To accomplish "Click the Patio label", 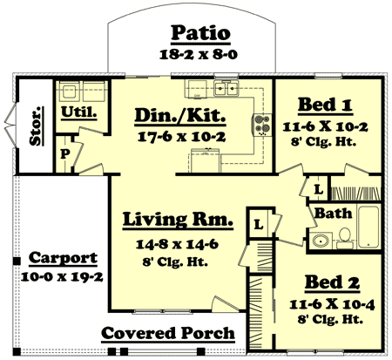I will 200,33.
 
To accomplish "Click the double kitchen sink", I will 225,88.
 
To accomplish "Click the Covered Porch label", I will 168,333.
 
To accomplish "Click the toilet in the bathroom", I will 344,235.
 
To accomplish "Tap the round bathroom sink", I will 319,240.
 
